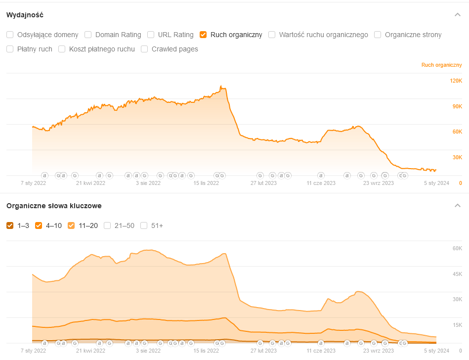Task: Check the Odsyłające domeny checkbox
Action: click(10, 35)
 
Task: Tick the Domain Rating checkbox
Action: click(88, 35)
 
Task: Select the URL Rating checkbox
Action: click(151, 35)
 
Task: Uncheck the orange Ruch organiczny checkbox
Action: click(203, 35)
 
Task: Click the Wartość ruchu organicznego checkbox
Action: click(272, 35)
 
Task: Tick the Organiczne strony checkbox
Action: click(378, 35)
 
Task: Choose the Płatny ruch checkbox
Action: click(10, 49)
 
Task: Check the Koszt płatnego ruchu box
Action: click(62, 49)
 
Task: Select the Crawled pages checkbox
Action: click(144, 49)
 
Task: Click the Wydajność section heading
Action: click(25, 15)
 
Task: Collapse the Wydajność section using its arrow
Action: click(458, 15)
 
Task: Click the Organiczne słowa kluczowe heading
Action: click(54, 206)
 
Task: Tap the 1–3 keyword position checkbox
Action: click(10, 225)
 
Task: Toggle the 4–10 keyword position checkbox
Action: click(39, 225)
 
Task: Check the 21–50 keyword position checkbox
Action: click(107, 225)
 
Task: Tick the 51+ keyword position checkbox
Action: click(144, 225)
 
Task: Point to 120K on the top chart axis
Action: click(455, 81)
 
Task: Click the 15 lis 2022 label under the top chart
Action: click(206, 183)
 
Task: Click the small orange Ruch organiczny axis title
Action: click(441, 65)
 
